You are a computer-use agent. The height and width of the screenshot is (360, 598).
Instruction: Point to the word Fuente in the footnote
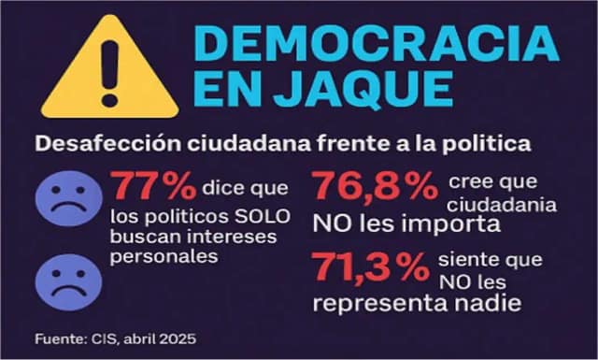pyautogui.click(x=61, y=338)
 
